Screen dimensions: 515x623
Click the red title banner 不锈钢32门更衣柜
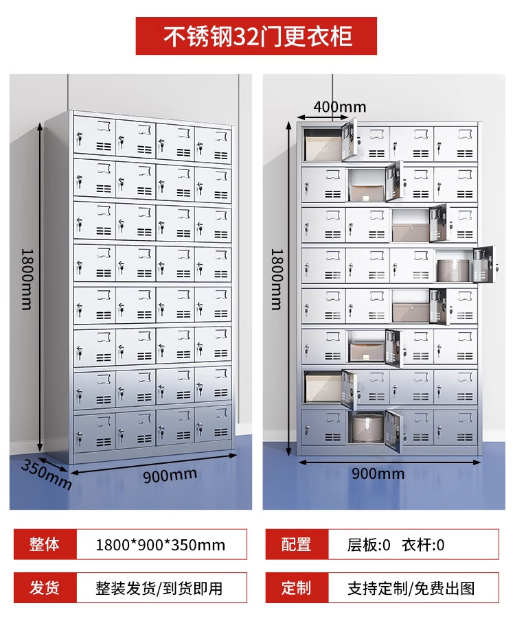[257, 36]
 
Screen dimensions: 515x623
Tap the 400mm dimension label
[339, 106]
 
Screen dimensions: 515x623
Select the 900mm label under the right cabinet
[378, 473]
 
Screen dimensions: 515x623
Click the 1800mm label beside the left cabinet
[26, 278]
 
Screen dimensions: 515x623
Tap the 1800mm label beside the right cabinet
[276, 278]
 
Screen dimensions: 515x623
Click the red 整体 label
[45, 545]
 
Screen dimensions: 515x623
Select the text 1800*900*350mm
[160, 545]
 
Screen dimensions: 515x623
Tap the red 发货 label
[45, 588]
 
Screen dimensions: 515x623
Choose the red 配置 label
[297, 545]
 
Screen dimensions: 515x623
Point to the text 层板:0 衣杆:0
[396, 545]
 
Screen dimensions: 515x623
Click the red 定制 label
[297, 588]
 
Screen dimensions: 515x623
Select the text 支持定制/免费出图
[411, 589]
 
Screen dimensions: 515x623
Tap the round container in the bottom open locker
[367, 430]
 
